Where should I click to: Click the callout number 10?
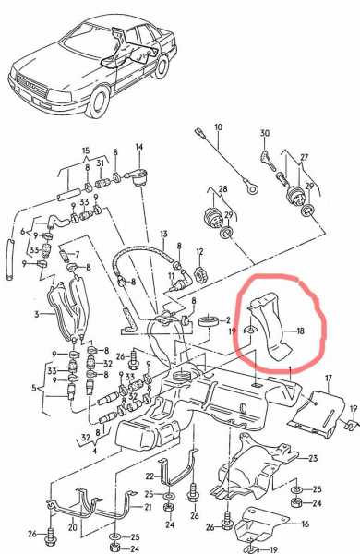click(x=219, y=127)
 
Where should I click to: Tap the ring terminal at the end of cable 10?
click(x=252, y=187)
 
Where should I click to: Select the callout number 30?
click(x=265, y=133)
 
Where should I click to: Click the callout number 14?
click(x=139, y=147)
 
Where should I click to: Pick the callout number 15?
click(x=86, y=151)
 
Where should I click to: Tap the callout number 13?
click(x=163, y=235)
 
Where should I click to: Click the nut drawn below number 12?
click(x=200, y=273)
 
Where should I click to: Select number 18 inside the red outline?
click(x=301, y=331)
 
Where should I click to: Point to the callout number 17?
click(x=329, y=378)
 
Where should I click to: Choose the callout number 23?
click(x=313, y=459)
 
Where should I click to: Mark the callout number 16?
click(x=305, y=524)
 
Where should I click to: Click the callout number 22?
click(x=150, y=476)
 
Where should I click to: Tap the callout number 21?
click(x=148, y=507)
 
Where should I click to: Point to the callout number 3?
click(x=37, y=314)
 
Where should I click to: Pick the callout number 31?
click(x=101, y=163)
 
